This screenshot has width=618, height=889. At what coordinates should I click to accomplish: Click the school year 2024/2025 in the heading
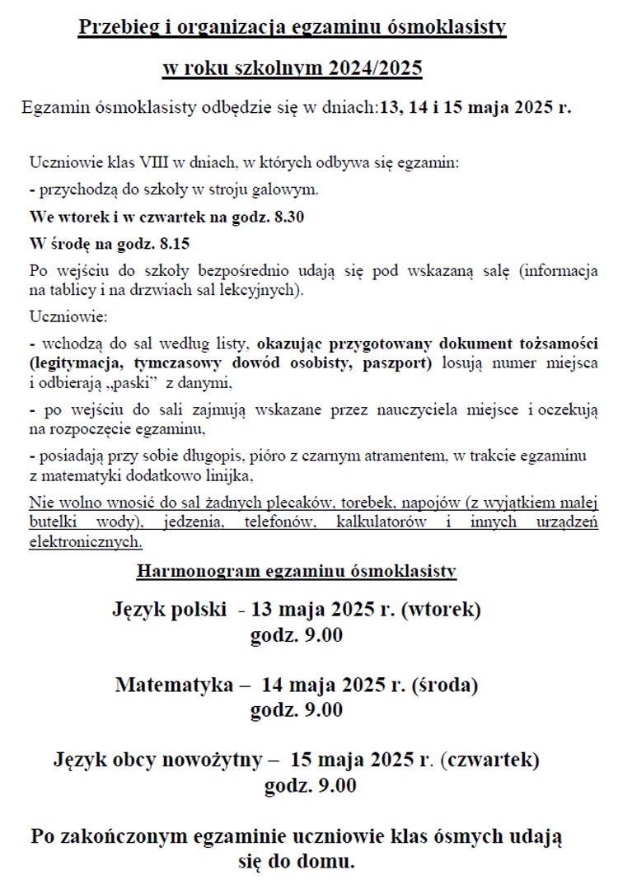point(377,68)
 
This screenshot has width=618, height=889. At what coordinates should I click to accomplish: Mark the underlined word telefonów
point(286,522)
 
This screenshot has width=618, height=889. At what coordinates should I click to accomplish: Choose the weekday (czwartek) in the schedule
point(489,759)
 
